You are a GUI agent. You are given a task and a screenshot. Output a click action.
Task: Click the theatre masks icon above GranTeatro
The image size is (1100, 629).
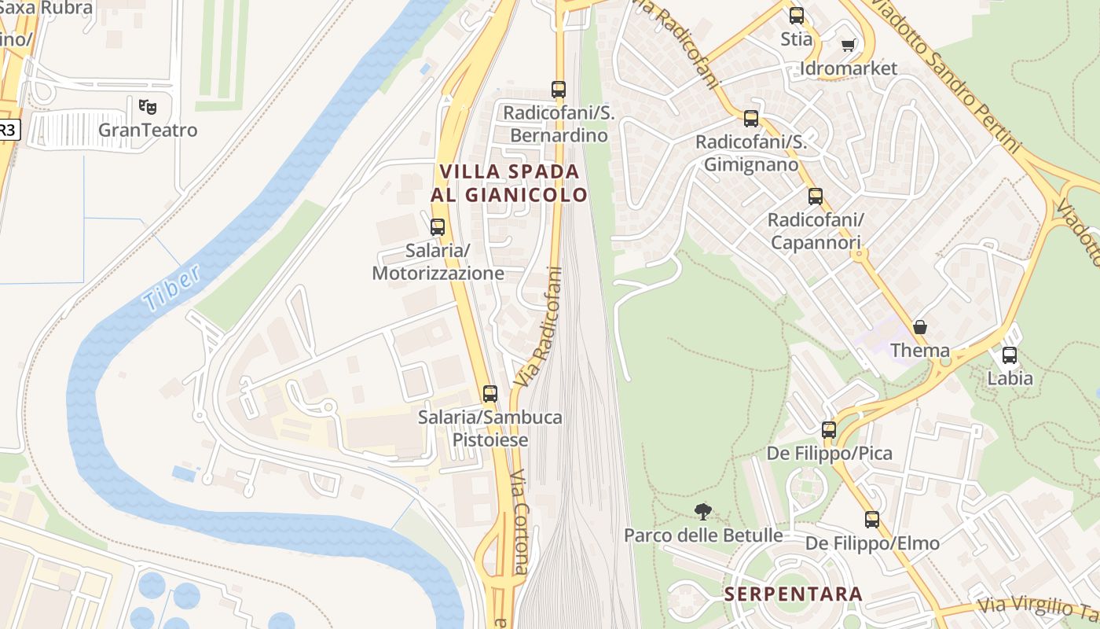[147, 105]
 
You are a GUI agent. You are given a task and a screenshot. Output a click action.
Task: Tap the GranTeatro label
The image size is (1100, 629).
[148, 131]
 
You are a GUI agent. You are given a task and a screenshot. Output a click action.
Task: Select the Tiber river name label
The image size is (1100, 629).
[172, 287]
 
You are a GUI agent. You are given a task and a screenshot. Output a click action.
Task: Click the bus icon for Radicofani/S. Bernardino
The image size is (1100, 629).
[559, 90]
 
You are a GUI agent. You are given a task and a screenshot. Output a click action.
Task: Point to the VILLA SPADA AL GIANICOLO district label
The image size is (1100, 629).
[509, 182]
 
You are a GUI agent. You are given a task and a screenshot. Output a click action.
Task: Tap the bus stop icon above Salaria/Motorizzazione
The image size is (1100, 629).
[438, 227]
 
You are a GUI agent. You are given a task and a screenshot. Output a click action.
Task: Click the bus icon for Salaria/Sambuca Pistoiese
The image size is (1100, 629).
[490, 394]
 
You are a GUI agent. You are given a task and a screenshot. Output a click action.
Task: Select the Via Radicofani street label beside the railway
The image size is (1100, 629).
[539, 326]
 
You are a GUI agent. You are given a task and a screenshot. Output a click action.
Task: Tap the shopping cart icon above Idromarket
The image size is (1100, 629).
[848, 46]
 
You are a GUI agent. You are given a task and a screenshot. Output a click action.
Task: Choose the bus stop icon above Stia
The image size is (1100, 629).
[797, 16]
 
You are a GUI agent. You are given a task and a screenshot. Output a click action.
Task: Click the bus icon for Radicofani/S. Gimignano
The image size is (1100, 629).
[751, 119]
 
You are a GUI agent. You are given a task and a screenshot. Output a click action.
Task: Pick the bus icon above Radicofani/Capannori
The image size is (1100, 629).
[816, 197]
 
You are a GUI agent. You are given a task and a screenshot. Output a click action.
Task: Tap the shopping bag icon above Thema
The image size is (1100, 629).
[919, 327]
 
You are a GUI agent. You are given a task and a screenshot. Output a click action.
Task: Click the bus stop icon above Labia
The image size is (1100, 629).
[1010, 355]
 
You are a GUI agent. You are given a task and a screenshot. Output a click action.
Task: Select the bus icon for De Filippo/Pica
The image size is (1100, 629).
[829, 430]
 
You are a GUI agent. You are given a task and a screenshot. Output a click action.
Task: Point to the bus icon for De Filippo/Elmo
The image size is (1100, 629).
[872, 520]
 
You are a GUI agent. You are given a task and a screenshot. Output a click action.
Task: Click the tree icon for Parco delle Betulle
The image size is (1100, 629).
[703, 512]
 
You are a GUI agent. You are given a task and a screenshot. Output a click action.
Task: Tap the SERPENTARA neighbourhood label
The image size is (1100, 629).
[794, 594]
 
